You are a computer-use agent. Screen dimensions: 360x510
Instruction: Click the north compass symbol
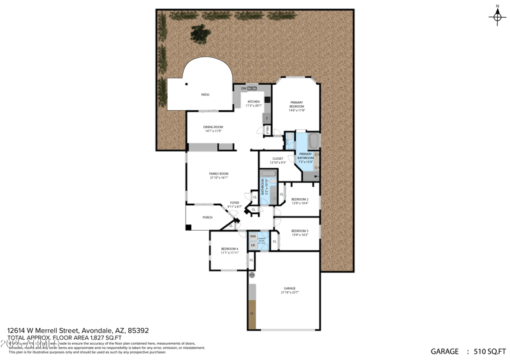497,17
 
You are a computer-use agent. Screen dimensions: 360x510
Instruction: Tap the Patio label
205,95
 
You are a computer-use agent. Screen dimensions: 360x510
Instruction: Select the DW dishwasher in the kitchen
244,88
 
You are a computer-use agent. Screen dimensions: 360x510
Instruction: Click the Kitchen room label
254,102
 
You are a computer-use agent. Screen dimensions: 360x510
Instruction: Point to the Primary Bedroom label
297,104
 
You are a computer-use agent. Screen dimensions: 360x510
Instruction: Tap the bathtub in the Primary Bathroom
314,140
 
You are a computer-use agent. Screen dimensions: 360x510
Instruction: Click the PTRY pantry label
268,129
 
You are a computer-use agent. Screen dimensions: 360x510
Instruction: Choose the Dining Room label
213,127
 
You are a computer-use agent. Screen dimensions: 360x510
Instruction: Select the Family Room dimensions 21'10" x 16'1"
219,178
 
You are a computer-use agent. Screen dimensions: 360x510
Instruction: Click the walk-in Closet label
277,159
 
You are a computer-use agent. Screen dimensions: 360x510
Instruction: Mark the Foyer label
235,203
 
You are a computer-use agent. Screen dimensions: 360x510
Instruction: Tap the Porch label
207,217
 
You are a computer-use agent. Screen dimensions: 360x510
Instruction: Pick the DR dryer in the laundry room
253,245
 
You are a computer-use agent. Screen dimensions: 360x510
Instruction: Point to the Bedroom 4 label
229,248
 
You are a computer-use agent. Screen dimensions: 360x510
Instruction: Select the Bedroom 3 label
300,231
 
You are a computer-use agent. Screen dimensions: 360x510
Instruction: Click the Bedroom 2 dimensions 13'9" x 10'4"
300,203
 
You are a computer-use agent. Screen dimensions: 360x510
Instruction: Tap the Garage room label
289,289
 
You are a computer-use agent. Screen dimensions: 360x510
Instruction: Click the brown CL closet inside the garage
252,314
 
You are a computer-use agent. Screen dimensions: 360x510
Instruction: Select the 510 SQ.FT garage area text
488,351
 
